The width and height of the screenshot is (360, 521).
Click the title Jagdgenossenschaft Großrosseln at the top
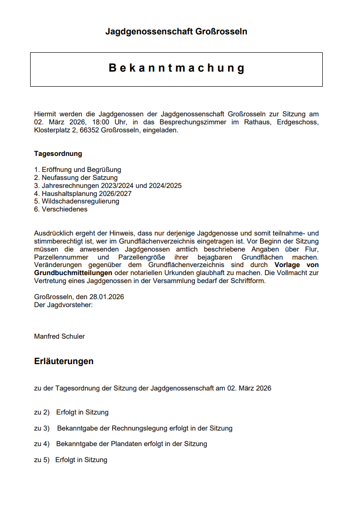(176, 32)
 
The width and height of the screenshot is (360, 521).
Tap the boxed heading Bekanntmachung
(177, 68)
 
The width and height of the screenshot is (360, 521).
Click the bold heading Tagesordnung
(58, 154)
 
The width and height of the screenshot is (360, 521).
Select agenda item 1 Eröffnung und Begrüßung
(77, 170)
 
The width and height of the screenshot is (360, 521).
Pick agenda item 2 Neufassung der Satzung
(75, 178)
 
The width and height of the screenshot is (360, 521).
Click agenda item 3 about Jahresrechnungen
(107, 186)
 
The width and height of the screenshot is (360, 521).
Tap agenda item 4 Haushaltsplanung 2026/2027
(82, 194)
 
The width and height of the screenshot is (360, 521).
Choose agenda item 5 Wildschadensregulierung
(76, 201)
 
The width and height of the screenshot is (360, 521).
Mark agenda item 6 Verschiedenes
(60, 209)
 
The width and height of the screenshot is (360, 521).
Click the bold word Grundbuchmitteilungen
(73, 273)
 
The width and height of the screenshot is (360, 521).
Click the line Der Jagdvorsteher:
(63, 305)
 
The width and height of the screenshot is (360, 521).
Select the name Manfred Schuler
(59, 336)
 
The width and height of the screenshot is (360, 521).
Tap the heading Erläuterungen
(64, 361)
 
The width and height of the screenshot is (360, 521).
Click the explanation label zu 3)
(42, 428)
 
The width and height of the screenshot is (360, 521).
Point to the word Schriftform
(246, 281)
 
